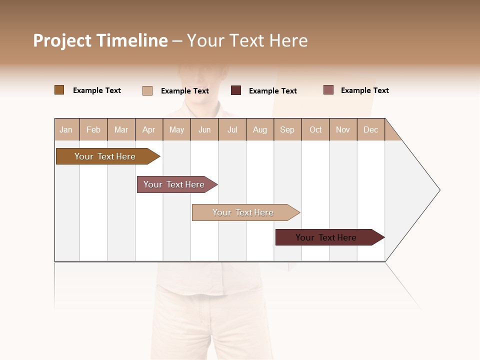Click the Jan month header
click(x=66, y=129)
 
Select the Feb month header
click(x=93, y=129)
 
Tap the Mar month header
click(x=121, y=129)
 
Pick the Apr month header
click(x=149, y=129)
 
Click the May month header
click(x=176, y=129)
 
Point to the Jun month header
click(x=204, y=129)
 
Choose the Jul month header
click(x=232, y=129)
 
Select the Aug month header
click(x=260, y=129)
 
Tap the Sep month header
click(x=287, y=129)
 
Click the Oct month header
click(x=315, y=129)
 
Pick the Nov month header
click(x=343, y=129)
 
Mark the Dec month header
click(x=371, y=129)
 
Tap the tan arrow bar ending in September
click(x=243, y=212)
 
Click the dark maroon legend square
click(x=236, y=90)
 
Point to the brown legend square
click(x=59, y=90)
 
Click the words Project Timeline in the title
click(x=100, y=40)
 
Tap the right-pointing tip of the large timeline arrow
click(x=438, y=190)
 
